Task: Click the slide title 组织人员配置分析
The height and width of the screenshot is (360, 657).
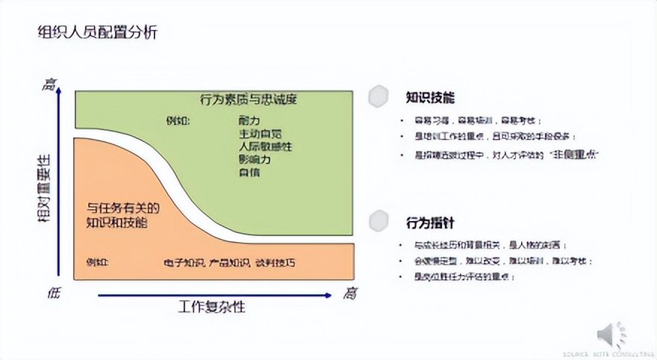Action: (98, 33)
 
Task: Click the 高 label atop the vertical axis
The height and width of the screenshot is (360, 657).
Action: (50, 84)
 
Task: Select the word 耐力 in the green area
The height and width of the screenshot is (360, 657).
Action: (249, 120)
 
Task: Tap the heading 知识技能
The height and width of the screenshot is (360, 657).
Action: (430, 97)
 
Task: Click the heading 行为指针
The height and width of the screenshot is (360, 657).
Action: (430, 223)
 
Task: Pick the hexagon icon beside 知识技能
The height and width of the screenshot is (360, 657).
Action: (380, 96)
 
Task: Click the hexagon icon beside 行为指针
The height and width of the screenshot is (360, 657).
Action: (380, 221)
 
